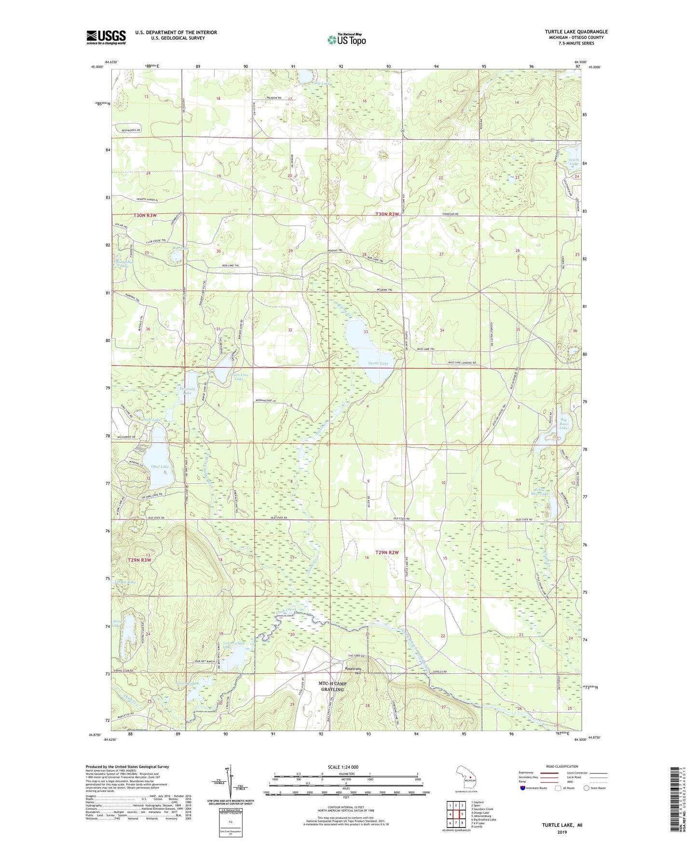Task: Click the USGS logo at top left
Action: click(x=106, y=37)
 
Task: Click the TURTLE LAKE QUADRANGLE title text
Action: click(x=576, y=32)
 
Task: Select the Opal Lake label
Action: click(x=160, y=466)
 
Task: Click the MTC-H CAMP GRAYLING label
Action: click(x=332, y=686)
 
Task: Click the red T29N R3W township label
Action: click(x=139, y=560)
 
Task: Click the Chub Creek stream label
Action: click(x=286, y=611)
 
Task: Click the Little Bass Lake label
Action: click(x=539, y=492)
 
